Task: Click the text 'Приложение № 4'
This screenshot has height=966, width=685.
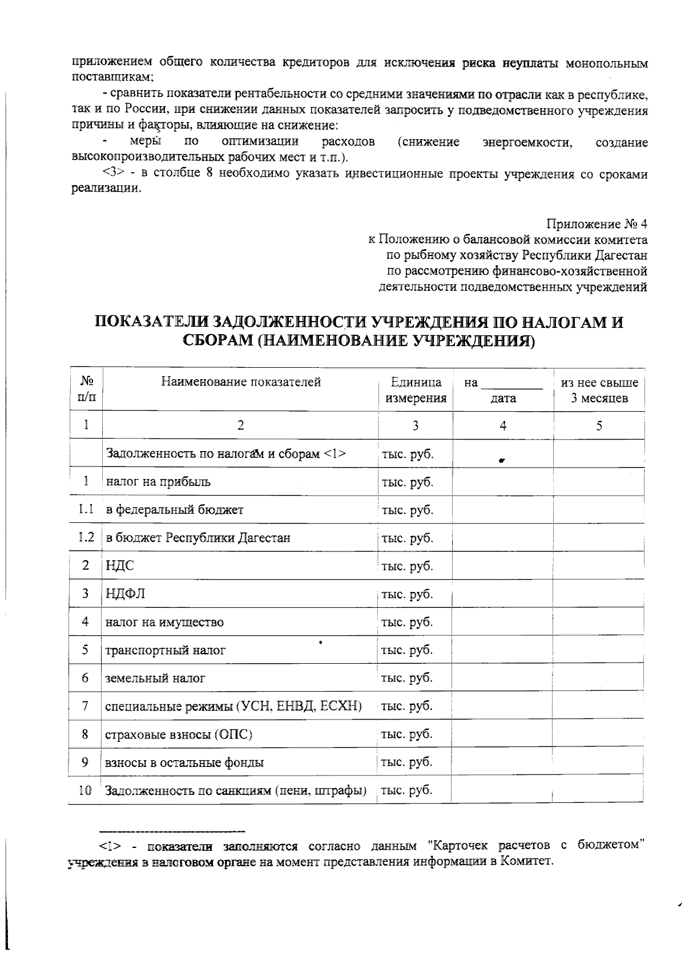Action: (x=597, y=223)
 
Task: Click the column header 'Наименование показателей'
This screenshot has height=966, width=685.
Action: (x=240, y=381)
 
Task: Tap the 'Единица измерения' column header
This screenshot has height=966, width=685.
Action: (x=416, y=390)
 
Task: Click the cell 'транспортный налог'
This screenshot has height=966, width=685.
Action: (x=165, y=650)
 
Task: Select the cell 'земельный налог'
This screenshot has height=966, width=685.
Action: (x=155, y=678)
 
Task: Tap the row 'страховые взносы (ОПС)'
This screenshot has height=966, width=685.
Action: (x=179, y=734)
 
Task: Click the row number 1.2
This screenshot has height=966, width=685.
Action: (x=86, y=537)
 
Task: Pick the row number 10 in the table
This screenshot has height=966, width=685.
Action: (x=85, y=790)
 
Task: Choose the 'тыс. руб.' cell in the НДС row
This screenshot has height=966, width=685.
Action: (x=408, y=566)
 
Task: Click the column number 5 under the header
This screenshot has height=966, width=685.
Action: (x=599, y=425)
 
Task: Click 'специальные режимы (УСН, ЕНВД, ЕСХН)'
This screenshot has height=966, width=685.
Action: (x=233, y=706)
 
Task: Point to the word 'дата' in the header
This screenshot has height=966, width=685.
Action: (x=503, y=398)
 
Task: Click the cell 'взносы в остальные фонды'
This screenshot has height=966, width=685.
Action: (x=184, y=762)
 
